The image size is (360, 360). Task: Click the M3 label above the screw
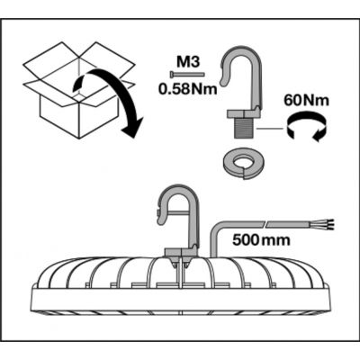(187, 63)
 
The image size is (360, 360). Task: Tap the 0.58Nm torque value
(188, 88)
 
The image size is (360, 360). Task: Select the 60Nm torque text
(306, 100)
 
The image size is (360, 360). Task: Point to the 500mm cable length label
(261, 239)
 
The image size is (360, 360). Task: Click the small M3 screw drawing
(187, 74)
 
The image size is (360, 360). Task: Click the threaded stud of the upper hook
(245, 127)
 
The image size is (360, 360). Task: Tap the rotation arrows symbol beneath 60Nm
(306, 128)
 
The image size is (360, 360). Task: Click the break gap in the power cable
(266, 224)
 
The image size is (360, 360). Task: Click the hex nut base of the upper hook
(244, 113)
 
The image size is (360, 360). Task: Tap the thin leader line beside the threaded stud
(269, 129)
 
